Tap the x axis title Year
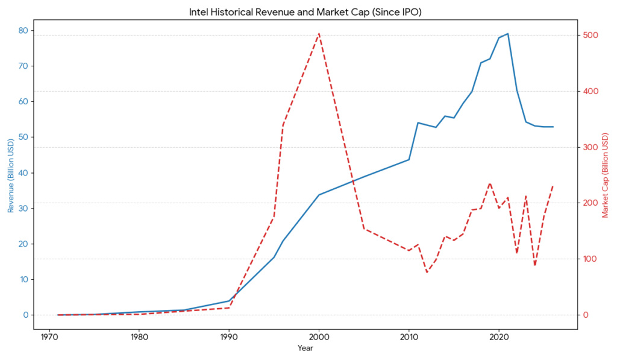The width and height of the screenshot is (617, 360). pyautogui.click(x=305, y=348)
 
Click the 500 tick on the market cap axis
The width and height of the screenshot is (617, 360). pyautogui.click(x=590, y=36)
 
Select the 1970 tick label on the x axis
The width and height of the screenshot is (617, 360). pyautogui.click(x=49, y=336)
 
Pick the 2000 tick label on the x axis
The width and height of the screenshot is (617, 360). pyautogui.click(x=319, y=336)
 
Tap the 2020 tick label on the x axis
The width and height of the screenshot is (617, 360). pyautogui.click(x=499, y=336)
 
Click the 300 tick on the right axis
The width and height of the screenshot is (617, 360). pyautogui.click(x=590, y=147)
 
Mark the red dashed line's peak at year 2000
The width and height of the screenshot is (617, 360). pyautogui.click(x=319, y=34)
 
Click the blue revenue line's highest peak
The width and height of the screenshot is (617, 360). pyautogui.click(x=507, y=34)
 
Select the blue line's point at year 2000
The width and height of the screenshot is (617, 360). pyautogui.click(x=319, y=195)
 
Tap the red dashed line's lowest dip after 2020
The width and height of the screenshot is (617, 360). pyautogui.click(x=534, y=265)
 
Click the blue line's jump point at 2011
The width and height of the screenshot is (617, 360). pyautogui.click(x=418, y=122)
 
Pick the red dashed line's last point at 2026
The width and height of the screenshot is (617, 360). pyautogui.click(x=553, y=186)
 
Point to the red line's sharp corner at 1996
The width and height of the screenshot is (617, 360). pyautogui.click(x=283, y=125)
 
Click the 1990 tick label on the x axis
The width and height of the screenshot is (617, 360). pyautogui.click(x=229, y=336)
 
